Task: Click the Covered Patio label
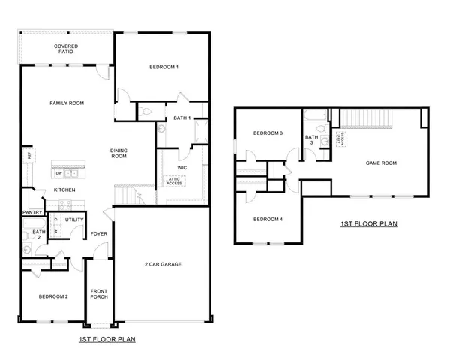tap(67, 50)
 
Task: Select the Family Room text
tap(66, 103)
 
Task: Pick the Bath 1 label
tap(182, 118)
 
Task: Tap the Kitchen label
tap(65, 190)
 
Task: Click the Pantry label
tap(32, 212)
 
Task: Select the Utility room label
tap(74, 220)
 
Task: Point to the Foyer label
tap(100, 233)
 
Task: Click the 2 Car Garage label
tap(163, 264)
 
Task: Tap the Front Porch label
tap(99, 293)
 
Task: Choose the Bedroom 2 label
tap(53, 296)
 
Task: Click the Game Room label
tap(380, 163)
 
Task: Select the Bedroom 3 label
tap(268, 133)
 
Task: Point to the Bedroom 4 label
tap(268, 219)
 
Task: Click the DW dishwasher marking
tap(58, 173)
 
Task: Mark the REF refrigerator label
tap(29, 155)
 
